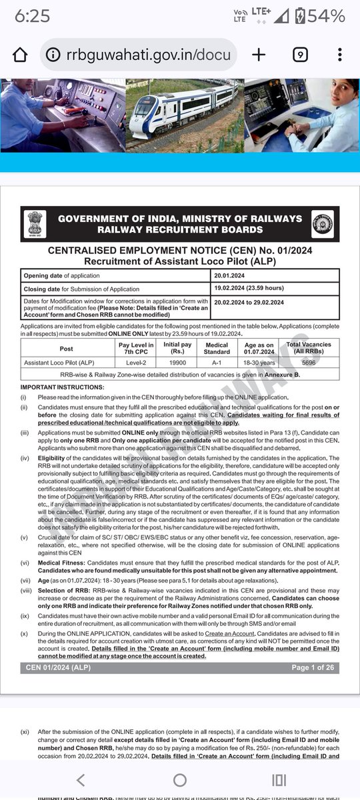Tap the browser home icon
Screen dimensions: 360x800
[21, 55]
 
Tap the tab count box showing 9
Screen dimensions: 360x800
[299, 55]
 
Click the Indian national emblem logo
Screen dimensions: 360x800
[34, 224]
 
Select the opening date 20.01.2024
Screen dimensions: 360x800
[230, 275]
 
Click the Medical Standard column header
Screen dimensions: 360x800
[217, 348]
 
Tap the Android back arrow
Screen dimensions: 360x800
[80, 780]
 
